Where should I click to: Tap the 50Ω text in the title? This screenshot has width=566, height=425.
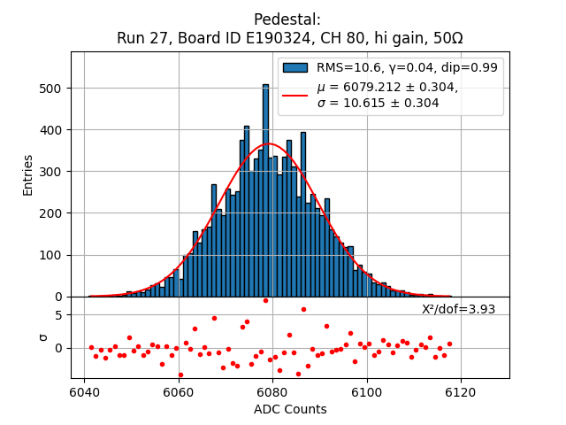click(x=445, y=39)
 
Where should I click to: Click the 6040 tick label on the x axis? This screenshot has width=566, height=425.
click(x=85, y=391)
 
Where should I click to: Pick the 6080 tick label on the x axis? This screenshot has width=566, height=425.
click(x=272, y=391)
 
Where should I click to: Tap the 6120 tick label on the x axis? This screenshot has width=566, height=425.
click(x=461, y=391)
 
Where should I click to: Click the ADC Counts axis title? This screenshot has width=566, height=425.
click(x=290, y=409)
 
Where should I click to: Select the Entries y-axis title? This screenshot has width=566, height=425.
click(x=27, y=174)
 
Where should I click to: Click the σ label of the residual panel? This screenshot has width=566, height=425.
click(x=42, y=337)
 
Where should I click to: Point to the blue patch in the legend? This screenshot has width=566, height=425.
click(x=295, y=67)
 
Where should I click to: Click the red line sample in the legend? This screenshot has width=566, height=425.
click(x=295, y=95)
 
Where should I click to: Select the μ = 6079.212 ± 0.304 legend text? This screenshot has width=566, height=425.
click(x=387, y=87)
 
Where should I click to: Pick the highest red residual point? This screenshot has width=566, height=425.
click(x=265, y=300)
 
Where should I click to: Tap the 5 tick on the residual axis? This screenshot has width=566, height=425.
click(x=57, y=314)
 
